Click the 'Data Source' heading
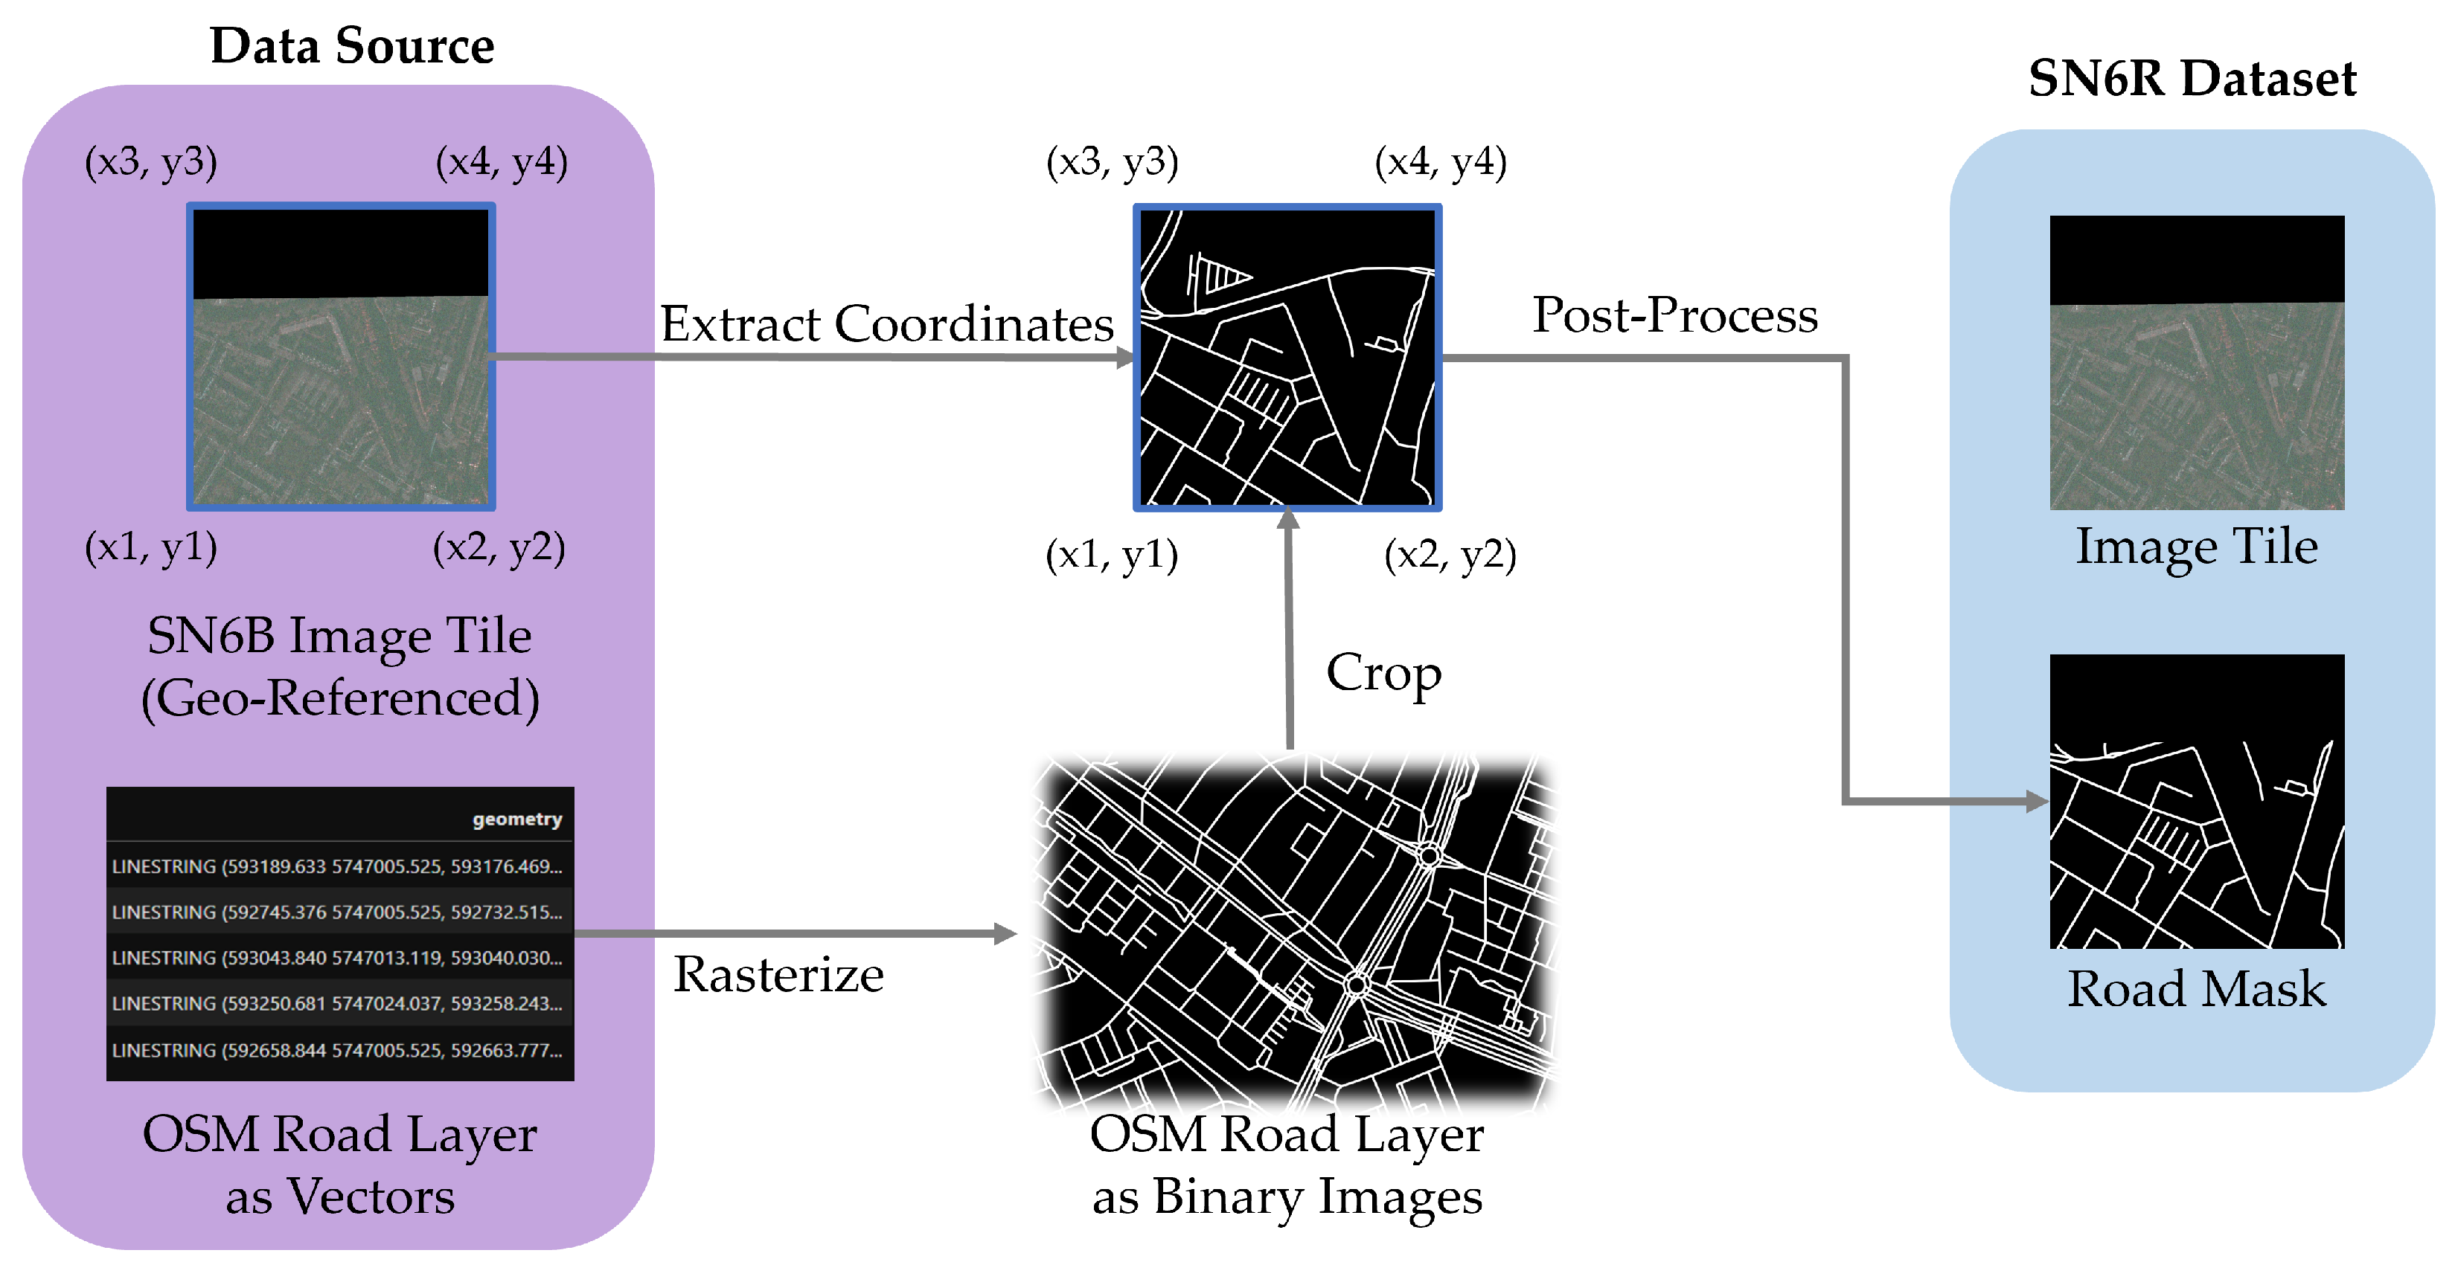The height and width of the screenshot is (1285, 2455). tap(352, 45)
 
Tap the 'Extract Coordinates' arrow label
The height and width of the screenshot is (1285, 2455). tap(886, 324)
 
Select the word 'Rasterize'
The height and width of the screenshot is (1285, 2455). tap(778, 974)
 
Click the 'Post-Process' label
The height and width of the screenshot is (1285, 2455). tap(1674, 315)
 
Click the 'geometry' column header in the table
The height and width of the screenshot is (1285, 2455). tap(516, 819)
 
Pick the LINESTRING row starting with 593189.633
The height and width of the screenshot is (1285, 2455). tap(337, 866)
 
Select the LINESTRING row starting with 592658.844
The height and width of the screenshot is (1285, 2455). tap(337, 1050)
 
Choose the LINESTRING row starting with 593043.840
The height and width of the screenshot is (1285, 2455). tap(337, 957)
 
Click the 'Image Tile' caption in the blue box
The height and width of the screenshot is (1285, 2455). tap(2196, 547)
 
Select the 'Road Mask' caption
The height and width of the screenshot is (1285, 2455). tap(2196, 989)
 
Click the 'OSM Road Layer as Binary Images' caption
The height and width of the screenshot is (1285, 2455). tap(1287, 1164)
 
